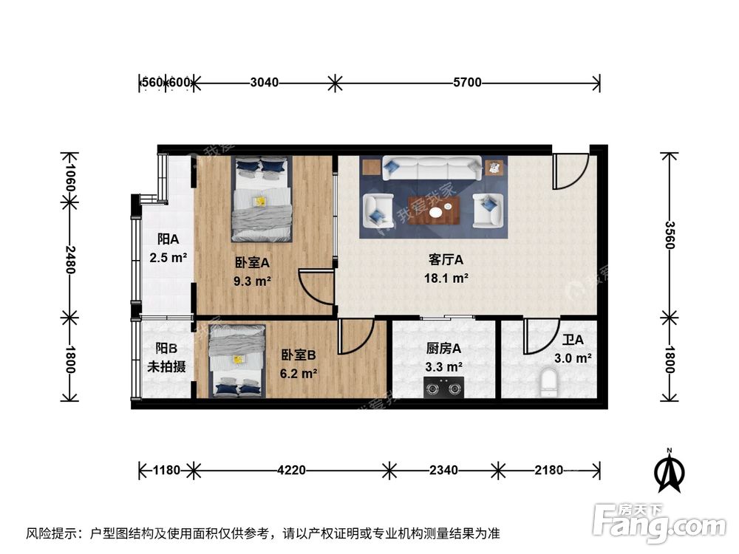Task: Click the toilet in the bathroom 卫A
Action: (x=548, y=383)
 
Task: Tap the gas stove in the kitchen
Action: (x=443, y=386)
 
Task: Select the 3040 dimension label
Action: (x=264, y=83)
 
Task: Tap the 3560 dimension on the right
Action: (x=669, y=235)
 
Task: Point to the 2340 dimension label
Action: (x=443, y=469)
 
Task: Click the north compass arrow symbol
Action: (x=669, y=473)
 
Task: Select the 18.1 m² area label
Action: (x=446, y=278)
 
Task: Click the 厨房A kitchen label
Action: (x=443, y=349)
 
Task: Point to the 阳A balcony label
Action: (x=168, y=239)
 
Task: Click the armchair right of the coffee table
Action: (x=487, y=210)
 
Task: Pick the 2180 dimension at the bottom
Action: (x=548, y=469)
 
